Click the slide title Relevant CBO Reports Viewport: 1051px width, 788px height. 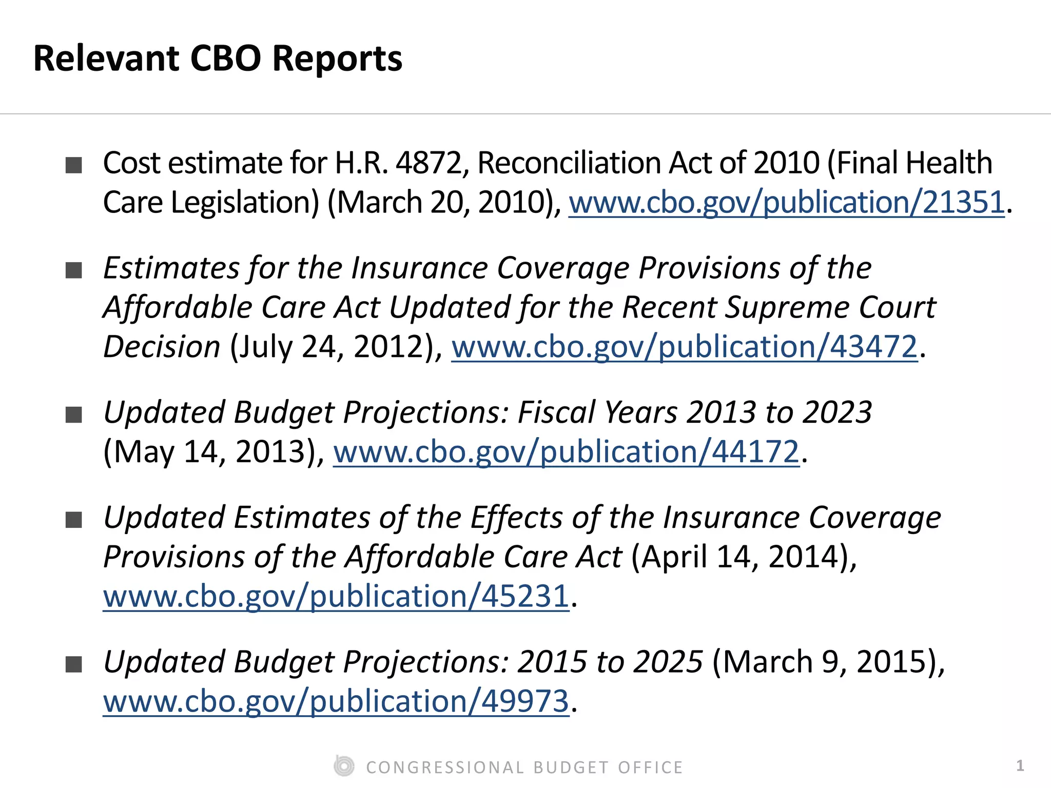218,58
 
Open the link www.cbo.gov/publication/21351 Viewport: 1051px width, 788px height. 786,203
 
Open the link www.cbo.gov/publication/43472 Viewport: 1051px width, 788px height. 684,347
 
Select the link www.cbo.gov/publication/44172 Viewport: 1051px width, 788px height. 566,452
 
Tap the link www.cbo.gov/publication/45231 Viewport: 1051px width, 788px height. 336,597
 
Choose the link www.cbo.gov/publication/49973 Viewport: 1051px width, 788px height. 336,701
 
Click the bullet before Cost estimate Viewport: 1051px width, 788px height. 74,165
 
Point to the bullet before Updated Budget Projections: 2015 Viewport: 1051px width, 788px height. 74,664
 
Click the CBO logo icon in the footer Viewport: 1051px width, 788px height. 344,766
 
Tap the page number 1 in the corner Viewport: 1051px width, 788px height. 1020,765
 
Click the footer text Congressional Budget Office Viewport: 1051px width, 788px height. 524,767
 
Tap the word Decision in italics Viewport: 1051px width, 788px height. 162,347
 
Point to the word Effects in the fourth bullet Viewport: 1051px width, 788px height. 516,518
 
